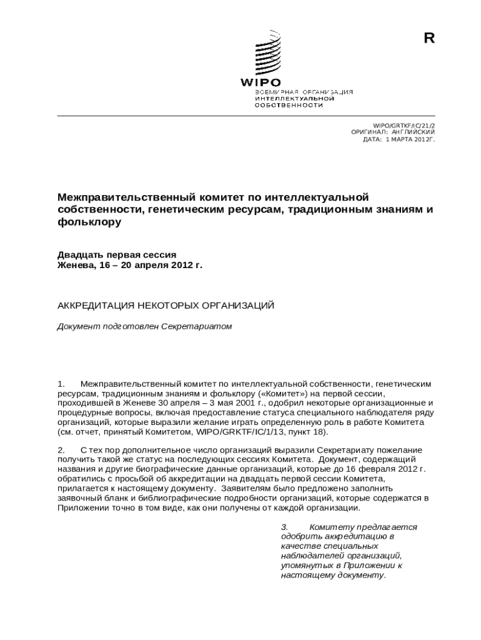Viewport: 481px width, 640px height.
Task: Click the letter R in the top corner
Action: [x=429, y=39]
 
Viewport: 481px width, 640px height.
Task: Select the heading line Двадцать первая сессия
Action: [x=117, y=254]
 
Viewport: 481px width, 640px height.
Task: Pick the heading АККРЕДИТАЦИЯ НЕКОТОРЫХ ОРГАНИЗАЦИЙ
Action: [x=166, y=306]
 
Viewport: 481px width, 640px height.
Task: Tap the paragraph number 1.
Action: [x=61, y=382]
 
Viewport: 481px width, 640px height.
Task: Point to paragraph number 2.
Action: [x=61, y=450]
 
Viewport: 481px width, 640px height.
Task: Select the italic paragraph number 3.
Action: [x=285, y=527]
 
